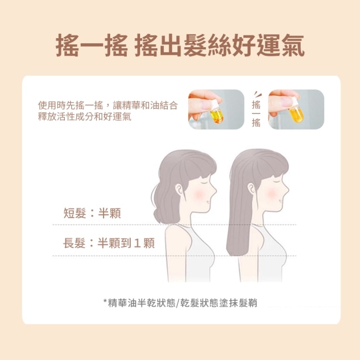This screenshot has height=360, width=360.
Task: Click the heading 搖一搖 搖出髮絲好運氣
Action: pos(180,45)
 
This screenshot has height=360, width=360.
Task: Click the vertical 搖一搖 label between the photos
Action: pos(256,114)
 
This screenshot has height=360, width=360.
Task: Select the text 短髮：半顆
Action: pos(92,213)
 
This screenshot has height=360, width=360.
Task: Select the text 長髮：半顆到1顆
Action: pos(109,243)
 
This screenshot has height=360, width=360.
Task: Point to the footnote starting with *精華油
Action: pos(180,303)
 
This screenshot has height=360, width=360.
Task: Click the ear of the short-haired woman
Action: pos(179,190)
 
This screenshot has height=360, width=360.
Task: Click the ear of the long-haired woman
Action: pos(251,189)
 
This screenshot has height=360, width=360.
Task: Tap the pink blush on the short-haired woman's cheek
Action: pos(198,194)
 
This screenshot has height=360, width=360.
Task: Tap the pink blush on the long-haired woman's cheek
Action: pos(271,194)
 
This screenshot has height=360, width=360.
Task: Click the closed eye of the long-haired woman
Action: pos(277,181)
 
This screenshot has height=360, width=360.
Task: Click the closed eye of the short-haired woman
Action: pos(204,181)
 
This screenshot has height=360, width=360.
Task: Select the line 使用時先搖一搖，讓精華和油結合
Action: pos(108,106)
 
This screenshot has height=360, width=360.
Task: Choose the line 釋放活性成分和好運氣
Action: pos(85,117)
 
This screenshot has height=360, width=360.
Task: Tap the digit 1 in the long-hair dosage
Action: pos(137,243)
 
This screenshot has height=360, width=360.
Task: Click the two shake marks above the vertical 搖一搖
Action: pos(257,94)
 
